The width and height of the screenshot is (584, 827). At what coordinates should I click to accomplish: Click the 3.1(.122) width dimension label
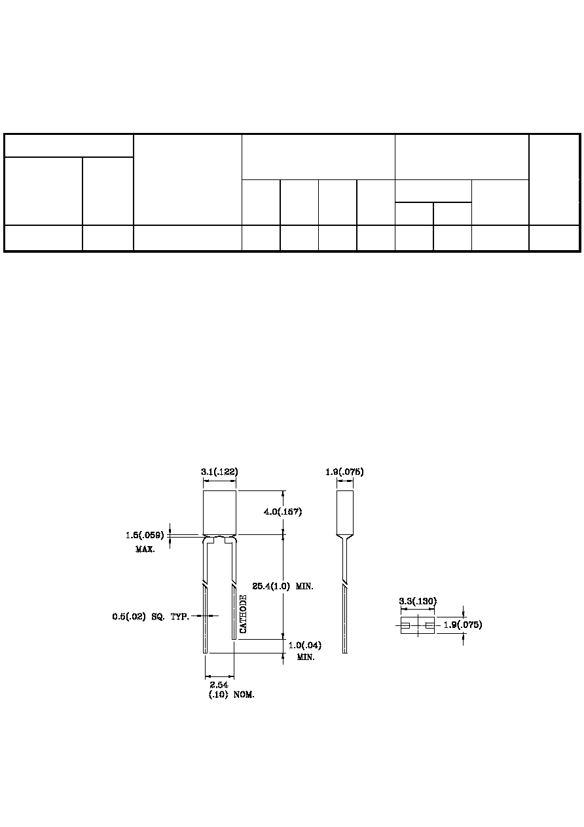pyautogui.click(x=219, y=471)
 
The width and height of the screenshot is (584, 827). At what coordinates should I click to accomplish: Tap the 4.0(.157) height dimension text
pyautogui.click(x=283, y=511)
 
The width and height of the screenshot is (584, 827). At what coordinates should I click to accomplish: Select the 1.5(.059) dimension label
pyautogui.click(x=145, y=535)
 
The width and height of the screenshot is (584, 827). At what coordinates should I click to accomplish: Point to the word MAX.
pyautogui.click(x=145, y=549)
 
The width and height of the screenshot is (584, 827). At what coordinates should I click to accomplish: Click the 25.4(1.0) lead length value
pyautogui.click(x=271, y=586)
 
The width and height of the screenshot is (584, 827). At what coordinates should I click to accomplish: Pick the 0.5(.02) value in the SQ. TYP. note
pyautogui.click(x=129, y=616)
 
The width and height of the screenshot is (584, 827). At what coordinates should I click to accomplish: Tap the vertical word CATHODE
pyautogui.click(x=243, y=614)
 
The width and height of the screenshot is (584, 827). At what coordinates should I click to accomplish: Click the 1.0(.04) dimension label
pyautogui.click(x=305, y=645)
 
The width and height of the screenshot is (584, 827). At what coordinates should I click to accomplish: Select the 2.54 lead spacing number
pyautogui.click(x=219, y=685)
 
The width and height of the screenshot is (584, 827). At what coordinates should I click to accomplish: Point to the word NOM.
pyautogui.click(x=244, y=695)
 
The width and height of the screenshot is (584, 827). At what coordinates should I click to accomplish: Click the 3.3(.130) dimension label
pyautogui.click(x=418, y=601)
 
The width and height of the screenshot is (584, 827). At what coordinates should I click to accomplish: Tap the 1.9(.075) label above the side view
pyautogui.click(x=344, y=471)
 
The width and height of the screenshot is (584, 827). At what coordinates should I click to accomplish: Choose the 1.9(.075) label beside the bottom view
pyautogui.click(x=463, y=625)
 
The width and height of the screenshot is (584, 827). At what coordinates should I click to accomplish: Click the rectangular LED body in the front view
pyautogui.click(x=219, y=513)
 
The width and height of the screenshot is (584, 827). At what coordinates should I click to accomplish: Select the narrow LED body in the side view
pyautogui.click(x=345, y=513)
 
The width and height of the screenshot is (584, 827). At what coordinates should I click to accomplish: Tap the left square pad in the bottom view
pyautogui.click(x=405, y=625)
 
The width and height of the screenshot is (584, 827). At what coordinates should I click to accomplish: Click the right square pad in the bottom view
pyautogui.click(x=429, y=625)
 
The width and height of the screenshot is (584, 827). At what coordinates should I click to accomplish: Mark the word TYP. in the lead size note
pyautogui.click(x=180, y=616)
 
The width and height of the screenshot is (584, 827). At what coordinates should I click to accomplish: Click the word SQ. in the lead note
pyautogui.click(x=158, y=616)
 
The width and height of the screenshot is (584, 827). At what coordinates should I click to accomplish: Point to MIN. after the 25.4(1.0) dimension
pyautogui.click(x=304, y=586)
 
